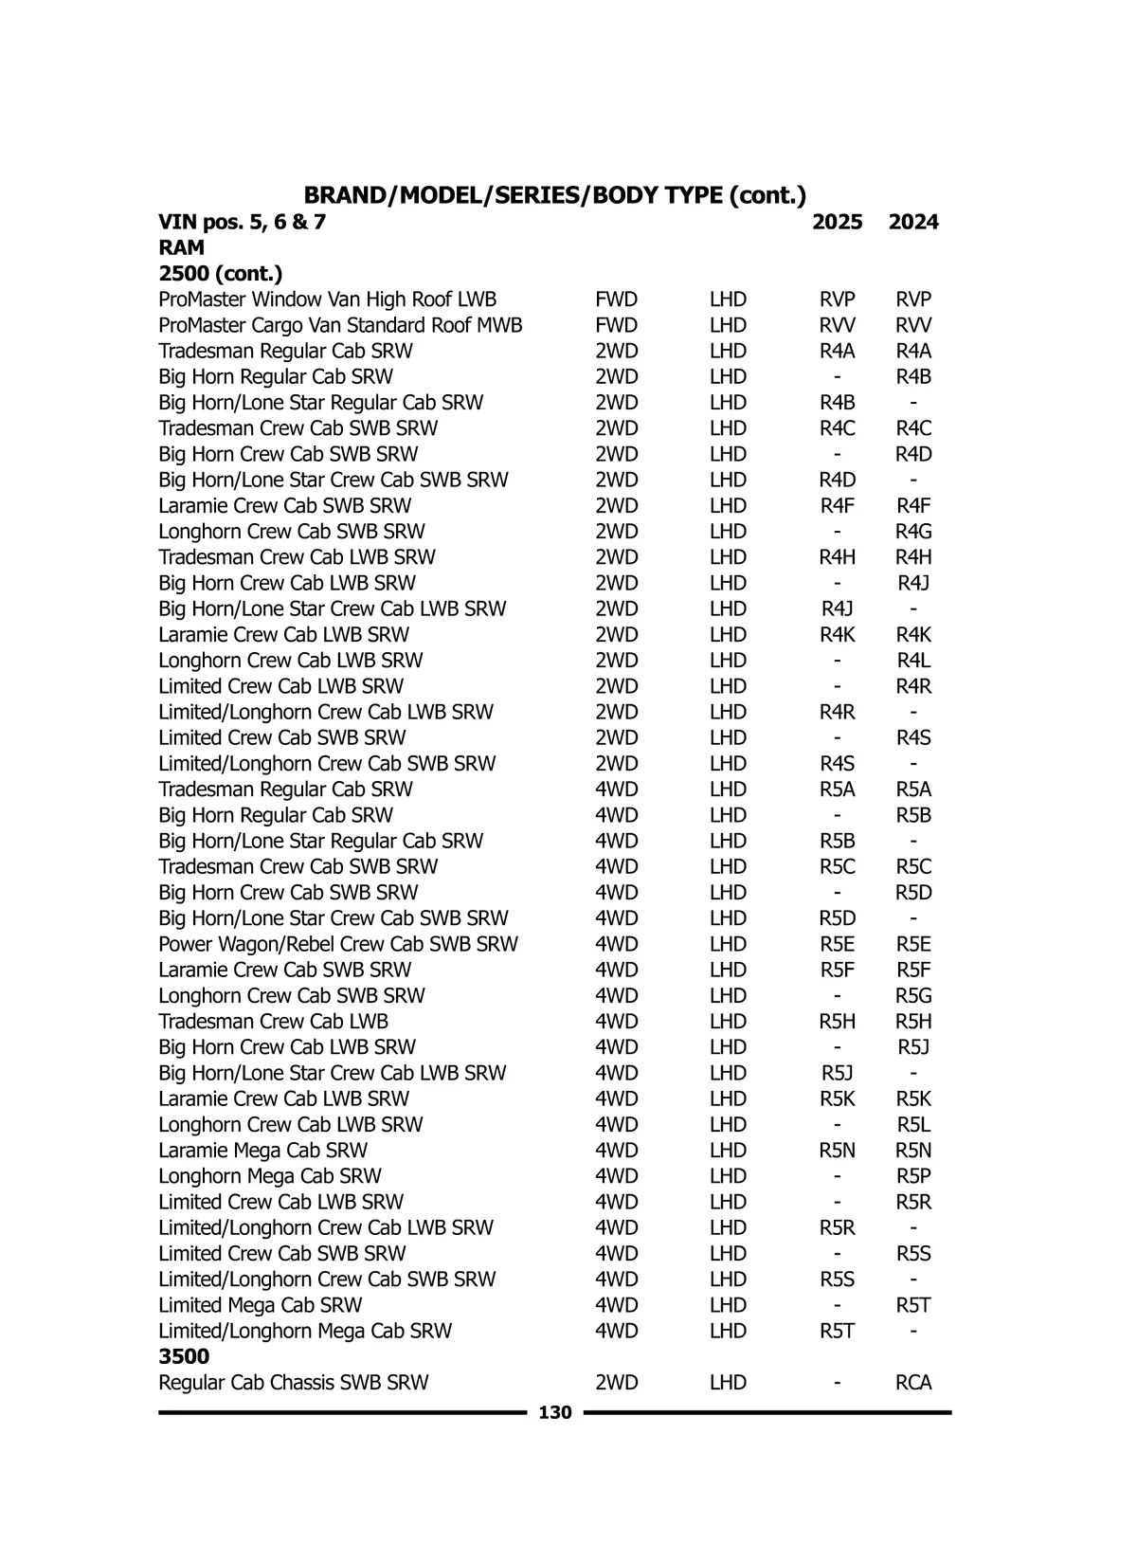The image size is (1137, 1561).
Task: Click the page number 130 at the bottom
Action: (555, 1413)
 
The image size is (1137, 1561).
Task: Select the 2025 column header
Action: (838, 223)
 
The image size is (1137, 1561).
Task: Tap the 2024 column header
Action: (913, 223)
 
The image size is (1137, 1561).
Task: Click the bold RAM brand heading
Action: (181, 248)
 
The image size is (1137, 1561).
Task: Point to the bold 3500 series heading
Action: (184, 1357)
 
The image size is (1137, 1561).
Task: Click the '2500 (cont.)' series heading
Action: (220, 275)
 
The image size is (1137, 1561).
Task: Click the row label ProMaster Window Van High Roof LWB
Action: (327, 300)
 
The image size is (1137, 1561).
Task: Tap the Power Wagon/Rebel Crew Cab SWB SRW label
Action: (338, 945)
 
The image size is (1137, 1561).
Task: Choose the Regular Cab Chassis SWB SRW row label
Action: (293, 1383)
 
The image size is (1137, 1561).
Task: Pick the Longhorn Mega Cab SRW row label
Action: (269, 1177)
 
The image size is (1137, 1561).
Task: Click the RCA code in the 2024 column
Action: (913, 1383)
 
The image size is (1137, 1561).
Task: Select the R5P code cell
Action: (913, 1177)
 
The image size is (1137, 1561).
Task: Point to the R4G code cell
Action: (913, 532)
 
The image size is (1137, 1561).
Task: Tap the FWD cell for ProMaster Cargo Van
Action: (616, 326)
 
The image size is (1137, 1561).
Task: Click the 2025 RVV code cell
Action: (838, 326)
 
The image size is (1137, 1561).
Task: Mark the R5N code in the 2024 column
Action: (913, 1151)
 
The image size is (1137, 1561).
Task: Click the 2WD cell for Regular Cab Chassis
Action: (616, 1383)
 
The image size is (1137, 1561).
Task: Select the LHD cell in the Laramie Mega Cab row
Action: (728, 1151)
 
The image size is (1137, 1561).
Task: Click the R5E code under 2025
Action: (838, 945)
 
